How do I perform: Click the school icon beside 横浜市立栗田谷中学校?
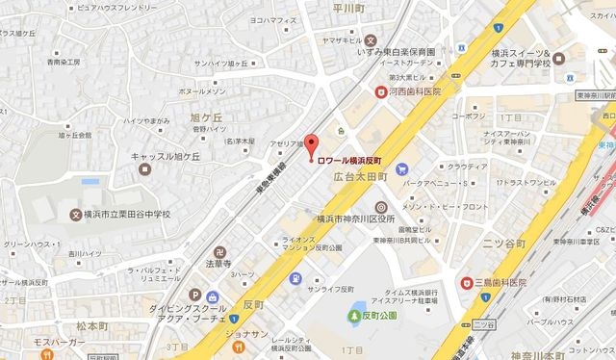tap(77, 215)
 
